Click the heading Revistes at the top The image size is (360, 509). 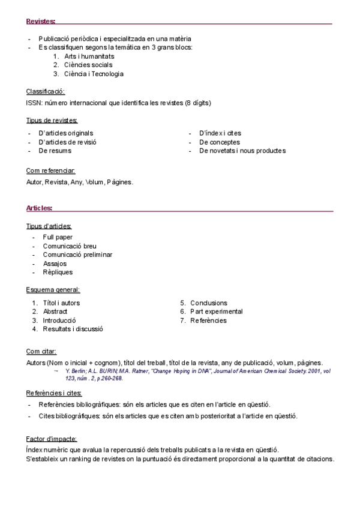tap(41, 22)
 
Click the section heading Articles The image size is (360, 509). tap(39, 208)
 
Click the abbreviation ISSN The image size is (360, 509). tap(34, 103)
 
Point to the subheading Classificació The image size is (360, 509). tap(45, 91)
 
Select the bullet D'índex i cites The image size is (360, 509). tap(220, 133)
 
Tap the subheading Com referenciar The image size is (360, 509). tap(50, 170)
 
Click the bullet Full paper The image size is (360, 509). tap(58, 237)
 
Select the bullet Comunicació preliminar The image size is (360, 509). tap(77, 254)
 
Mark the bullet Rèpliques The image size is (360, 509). tap(58, 272)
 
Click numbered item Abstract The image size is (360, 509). tap(55, 312)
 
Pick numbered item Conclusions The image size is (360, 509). tap(209, 303)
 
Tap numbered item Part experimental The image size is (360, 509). tap(217, 312)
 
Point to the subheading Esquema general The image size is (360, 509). tap(53, 290)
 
